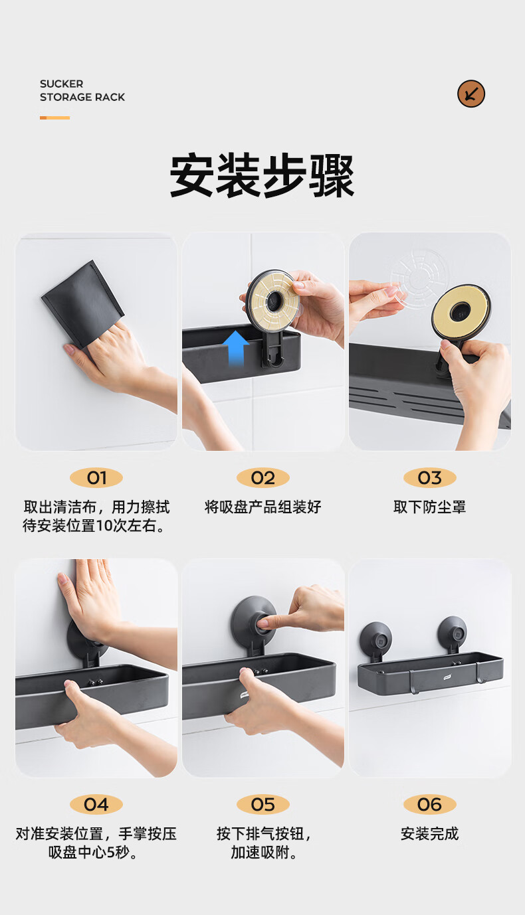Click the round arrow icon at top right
[x=471, y=94]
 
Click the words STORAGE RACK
[x=82, y=97]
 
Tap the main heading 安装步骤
[x=262, y=176]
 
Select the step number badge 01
[x=96, y=478]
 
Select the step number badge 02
[x=263, y=478]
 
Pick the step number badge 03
[x=430, y=478]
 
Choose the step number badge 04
[x=96, y=805]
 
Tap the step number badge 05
[x=263, y=805]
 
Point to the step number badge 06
[x=430, y=805]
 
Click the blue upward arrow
[x=236, y=348]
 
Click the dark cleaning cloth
[x=82, y=302]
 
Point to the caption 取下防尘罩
[x=430, y=507]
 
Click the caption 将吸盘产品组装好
[x=263, y=507]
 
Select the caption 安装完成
[x=430, y=834]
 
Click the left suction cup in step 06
[x=375, y=639]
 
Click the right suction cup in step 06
[x=452, y=633]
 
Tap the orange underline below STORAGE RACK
[x=54, y=118]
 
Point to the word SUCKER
[x=61, y=84]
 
